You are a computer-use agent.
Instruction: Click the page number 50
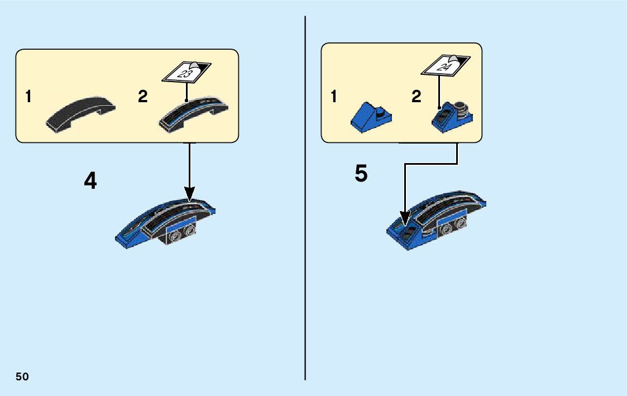pos(22,376)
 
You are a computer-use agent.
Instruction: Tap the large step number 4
pos(90,180)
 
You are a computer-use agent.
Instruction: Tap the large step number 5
pos(361,174)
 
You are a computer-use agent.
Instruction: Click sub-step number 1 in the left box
pos(28,97)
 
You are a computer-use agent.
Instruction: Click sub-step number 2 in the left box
pos(143,97)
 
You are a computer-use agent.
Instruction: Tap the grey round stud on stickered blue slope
pos(461,106)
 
